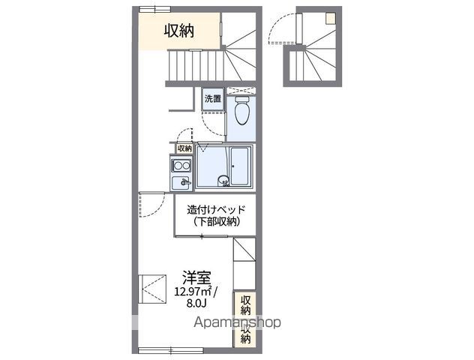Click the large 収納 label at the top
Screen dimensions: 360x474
click(179, 31)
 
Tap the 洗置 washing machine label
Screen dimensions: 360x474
click(213, 98)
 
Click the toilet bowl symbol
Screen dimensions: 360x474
click(241, 113)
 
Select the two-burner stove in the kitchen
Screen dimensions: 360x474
click(181, 166)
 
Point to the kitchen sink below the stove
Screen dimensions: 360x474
click(181, 183)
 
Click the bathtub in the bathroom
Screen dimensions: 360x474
click(240, 166)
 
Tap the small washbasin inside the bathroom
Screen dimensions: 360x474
click(223, 180)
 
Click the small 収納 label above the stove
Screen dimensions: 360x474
click(184, 148)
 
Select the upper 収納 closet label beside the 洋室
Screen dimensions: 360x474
click(245, 304)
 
